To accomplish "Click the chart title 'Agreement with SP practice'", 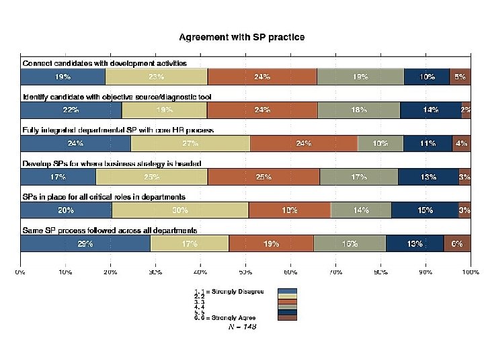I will (x=241, y=37).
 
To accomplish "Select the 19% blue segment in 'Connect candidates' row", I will (x=63, y=77).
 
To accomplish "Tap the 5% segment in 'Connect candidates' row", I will (x=460, y=77).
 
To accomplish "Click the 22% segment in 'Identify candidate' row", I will (x=71, y=110).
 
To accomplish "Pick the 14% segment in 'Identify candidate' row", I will (x=430, y=110).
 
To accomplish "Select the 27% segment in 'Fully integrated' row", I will (x=190, y=143).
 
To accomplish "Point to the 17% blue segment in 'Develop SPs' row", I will (x=58, y=177).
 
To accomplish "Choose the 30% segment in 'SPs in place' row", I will (x=180, y=210).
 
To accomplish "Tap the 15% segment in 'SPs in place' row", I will (x=425, y=210).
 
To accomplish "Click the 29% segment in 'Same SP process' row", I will (x=85, y=244).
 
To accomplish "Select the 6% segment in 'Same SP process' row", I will (x=457, y=244).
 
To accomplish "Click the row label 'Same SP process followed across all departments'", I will (x=110, y=230).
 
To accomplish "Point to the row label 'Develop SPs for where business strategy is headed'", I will (x=112, y=163).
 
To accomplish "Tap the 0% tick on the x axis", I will (x=21, y=272).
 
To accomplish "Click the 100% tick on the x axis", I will (x=470, y=272).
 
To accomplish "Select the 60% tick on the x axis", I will (x=290, y=272).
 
